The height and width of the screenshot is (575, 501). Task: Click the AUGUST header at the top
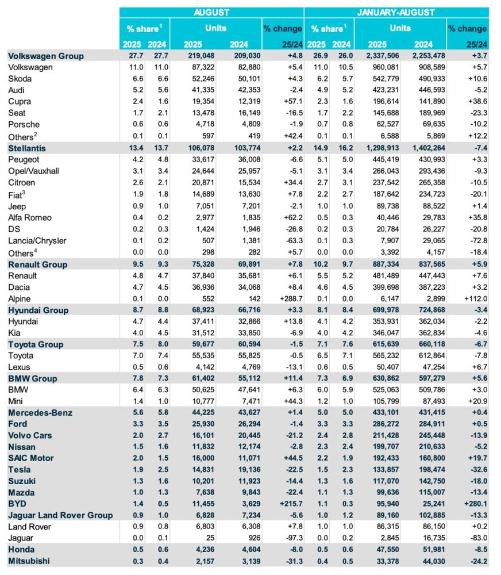tap(211, 12)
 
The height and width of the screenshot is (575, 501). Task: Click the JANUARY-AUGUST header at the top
tap(396, 12)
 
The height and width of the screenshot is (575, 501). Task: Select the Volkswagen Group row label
tap(46, 56)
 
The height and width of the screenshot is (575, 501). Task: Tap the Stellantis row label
tap(27, 148)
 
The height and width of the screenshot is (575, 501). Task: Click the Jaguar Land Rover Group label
tap(60, 516)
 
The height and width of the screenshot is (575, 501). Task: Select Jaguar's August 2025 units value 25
tap(205, 539)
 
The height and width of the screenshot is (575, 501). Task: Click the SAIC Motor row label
tap(31, 458)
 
